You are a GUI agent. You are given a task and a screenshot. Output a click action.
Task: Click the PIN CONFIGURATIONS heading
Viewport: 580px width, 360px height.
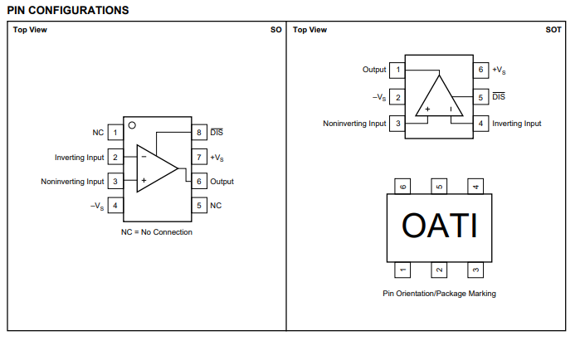point(68,10)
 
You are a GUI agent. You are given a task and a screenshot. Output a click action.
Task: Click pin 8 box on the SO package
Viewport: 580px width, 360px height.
point(199,133)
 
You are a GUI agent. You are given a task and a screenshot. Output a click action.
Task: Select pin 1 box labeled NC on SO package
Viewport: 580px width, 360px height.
point(115,133)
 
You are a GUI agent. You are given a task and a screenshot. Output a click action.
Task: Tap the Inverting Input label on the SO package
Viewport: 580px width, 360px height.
point(80,158)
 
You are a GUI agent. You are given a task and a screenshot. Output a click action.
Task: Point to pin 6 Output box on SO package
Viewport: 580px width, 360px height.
point(199,182)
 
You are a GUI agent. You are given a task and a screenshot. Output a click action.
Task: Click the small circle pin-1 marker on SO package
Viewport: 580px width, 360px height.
point(131,124)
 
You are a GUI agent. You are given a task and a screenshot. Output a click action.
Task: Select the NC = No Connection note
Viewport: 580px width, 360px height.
point(157,232)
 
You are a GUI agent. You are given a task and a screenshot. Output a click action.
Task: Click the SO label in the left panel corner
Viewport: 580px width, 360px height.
point(276,30)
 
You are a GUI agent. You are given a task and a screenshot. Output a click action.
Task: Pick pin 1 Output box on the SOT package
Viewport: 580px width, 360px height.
point(397,71)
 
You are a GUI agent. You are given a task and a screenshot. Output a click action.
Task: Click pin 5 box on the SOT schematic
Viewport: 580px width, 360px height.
point(480,97)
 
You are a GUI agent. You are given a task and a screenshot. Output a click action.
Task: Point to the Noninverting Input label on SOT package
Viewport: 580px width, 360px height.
point(354,124)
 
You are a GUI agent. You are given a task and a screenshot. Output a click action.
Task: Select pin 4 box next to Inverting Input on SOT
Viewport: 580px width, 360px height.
point(480,124)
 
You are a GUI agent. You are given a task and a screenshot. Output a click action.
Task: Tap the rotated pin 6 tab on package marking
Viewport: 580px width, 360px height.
point(403,187)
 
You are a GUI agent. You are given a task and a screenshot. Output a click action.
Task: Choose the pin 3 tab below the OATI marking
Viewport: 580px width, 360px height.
point(475,269)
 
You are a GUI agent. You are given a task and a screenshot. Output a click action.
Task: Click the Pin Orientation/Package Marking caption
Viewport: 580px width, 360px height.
point(439,294)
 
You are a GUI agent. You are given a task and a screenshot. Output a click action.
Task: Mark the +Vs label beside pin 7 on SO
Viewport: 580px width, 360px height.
point(217,158)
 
